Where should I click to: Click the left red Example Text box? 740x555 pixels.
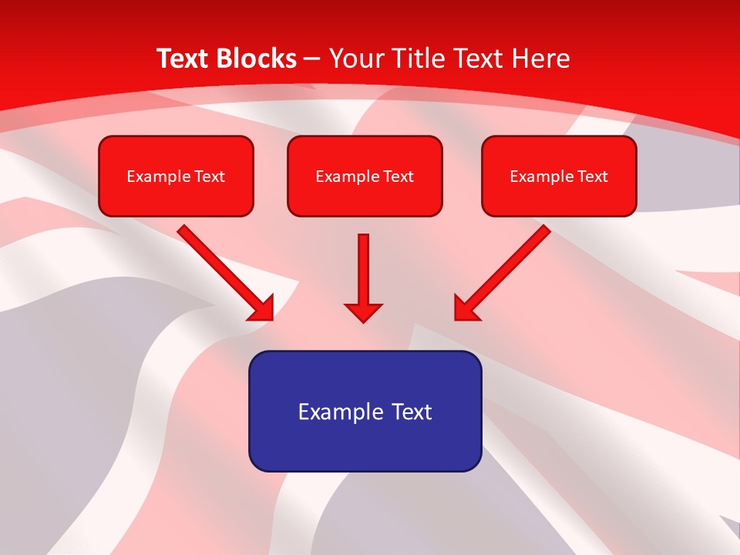tap(176, 177)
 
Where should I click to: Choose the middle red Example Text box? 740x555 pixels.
tap(365, 177)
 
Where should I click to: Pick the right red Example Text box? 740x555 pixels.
tap(559, 177)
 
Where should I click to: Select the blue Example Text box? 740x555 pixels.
tap(365, 411)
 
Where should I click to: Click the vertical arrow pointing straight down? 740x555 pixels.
tap(363, 270)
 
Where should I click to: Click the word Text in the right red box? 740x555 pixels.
tap(592, 177)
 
